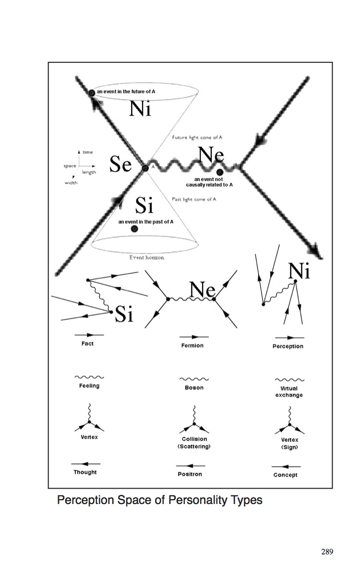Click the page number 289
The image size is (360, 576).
(327, 551)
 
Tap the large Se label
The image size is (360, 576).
(120, 165)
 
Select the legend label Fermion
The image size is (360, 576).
(192, 346)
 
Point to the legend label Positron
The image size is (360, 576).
(190, 474)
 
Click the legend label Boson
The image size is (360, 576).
(194, 387)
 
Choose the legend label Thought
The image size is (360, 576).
(85, 472)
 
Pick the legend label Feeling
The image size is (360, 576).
(89, 385)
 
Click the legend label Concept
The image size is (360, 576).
(285, 475)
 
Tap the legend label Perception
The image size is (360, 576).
(288, 346)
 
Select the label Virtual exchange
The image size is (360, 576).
(289, 392)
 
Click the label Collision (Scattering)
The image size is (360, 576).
(194, 443)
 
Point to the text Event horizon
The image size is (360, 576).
(147, 258)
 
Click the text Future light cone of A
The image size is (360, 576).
(197, 137)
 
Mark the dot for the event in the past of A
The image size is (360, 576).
(134, 229)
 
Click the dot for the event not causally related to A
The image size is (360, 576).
(219, 172)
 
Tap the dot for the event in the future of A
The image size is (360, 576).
(91, 92)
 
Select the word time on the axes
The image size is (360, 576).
(88, 152)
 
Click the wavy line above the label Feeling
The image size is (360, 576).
(89, 377)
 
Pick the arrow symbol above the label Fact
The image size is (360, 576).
(89, 334)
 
